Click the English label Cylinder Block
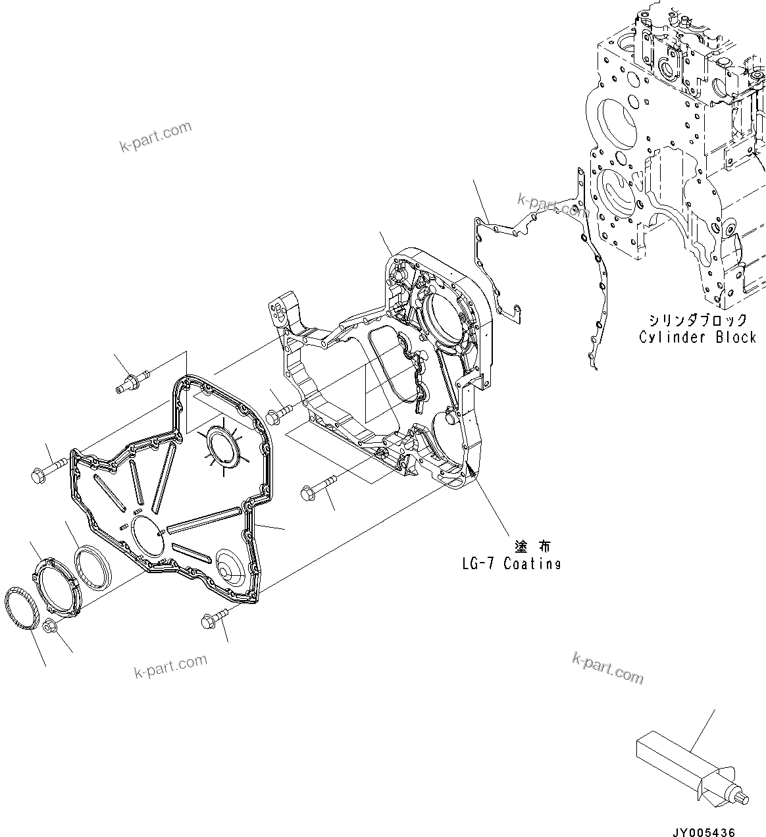[697, 337]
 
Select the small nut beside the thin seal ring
[49, 625]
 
